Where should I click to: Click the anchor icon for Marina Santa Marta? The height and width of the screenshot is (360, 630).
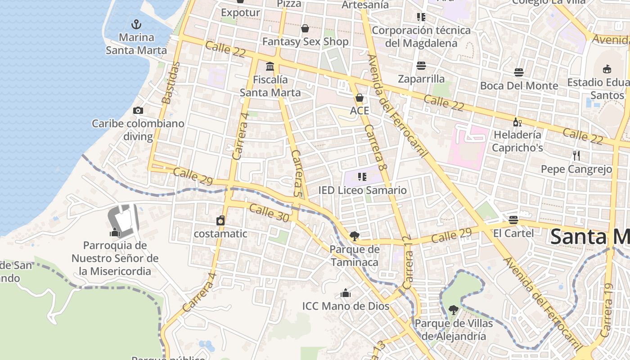pyautogui.click(x=136, y=24)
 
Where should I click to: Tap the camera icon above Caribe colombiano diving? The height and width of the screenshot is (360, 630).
pyautogui.click(x=138, y=110)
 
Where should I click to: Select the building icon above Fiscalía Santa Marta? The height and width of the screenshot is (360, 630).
pyautogui.click(x=270, y=67)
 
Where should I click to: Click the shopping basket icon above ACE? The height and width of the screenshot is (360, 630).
pyautogui.click(x=360, y=98)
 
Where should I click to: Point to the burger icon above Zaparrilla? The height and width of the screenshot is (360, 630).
pyautogui.click(x=421, y=66)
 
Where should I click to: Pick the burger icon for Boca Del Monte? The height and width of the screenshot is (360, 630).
pyautogui.click(x=519, y=72)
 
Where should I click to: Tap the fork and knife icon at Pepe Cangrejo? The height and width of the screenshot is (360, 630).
pyautogui.click(x=576, y=156)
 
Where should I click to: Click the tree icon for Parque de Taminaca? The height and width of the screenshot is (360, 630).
pyautogui.click(x=355, y=236)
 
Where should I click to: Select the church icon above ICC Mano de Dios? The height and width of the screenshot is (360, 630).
pyautogui.click(x=346, y=293)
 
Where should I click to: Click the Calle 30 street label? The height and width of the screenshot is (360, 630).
pyautogui.click(x=269, y=212)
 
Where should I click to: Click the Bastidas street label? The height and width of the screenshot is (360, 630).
pyautogui.click(x=171, y=83)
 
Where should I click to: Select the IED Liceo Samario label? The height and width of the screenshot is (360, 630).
pyautogui.click(x=362, y=190)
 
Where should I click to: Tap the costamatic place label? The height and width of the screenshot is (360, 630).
pyautogui.click(x=220, y=234)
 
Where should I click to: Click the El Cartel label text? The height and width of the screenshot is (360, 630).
pyautogui.click(x=513, y=233)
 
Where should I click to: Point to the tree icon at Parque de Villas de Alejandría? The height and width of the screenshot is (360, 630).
pyautogui.click(x=454, y=310)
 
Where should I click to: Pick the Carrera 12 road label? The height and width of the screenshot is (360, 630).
pyautogui.click(x=408, y=262)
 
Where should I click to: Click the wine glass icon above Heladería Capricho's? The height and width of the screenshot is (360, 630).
pyautogui.click(x=517, y=122)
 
